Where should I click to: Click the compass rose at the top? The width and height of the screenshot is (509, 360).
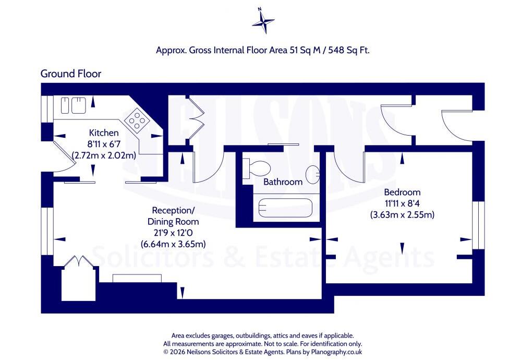click(263, 21)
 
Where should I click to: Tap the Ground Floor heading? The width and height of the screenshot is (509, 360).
click(71, 74)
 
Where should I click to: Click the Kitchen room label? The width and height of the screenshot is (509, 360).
click(104, 133)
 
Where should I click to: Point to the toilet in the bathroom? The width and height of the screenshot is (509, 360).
click(257, 168)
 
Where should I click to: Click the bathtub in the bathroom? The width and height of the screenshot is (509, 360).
click(285, 208)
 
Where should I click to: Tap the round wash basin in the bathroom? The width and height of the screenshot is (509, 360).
click(313, 175)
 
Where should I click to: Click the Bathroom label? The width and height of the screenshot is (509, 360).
click(283, 182)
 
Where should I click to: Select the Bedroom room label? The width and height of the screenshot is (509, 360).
click(402, 192)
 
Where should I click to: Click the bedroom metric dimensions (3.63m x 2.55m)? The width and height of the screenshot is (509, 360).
click(402, 215)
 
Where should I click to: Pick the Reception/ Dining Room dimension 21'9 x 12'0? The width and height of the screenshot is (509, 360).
click(173, 233)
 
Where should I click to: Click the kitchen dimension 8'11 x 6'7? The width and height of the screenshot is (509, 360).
click(104, 144)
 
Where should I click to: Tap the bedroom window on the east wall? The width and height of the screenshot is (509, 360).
click(478, 225)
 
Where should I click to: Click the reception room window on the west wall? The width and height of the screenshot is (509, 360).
click(47, 231)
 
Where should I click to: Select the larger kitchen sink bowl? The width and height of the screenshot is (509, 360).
click(79, 105)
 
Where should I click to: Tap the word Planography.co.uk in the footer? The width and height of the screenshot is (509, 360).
click(336, 352)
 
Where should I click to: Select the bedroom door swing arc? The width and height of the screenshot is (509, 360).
click(349, 169)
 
